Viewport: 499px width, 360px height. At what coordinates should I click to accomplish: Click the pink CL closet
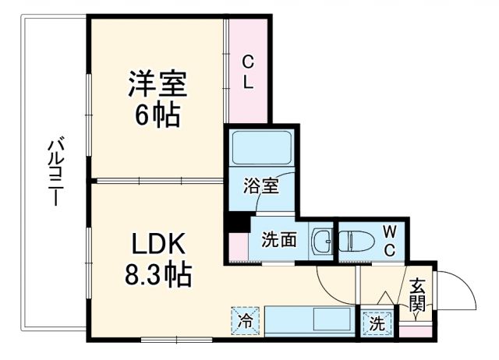(247, 72)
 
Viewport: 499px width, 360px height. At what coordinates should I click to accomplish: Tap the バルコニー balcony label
(55, 171)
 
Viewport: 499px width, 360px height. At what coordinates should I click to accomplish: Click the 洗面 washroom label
(278, 239)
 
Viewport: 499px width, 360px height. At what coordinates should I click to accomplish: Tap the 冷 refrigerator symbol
(246, 320)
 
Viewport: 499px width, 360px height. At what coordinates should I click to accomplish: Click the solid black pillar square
(234, 221)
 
